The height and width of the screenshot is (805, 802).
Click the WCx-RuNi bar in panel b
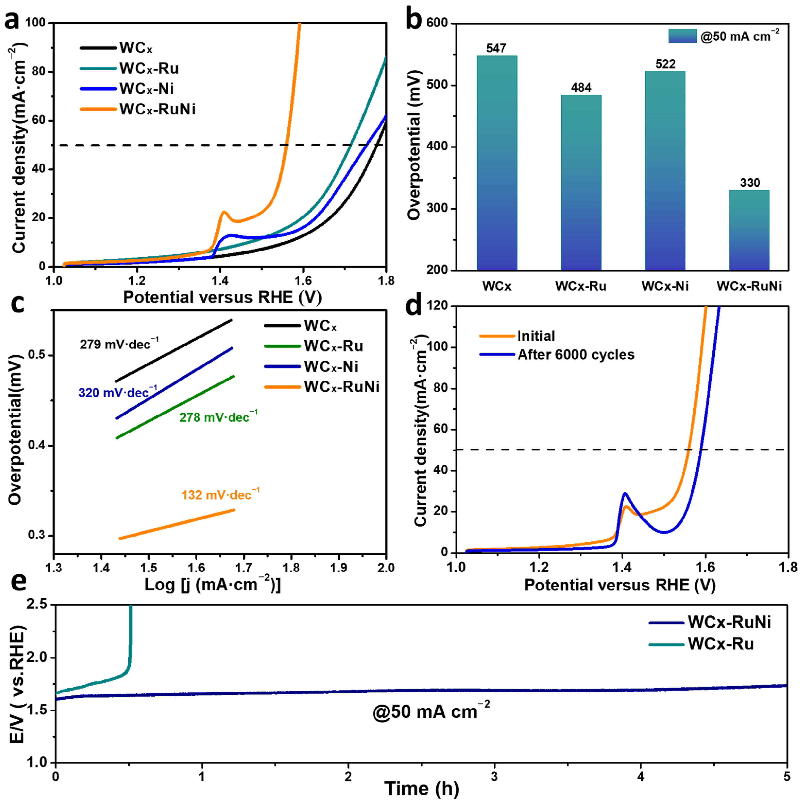[x=749, y=230]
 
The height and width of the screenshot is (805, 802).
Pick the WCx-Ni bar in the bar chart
[x=665, y=171]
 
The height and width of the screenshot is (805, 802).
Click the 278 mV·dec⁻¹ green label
[x=218, y=417]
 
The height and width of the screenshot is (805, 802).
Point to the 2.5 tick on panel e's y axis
[x=37, y=605]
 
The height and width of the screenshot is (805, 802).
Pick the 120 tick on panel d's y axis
[x=437, y=306]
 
